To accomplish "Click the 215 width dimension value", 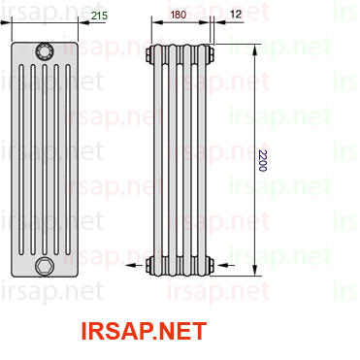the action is [100, 16].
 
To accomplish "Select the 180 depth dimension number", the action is [179, 15].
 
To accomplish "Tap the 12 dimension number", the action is [236, 14].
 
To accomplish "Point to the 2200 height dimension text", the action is [262, 160].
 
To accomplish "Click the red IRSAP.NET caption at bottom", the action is [144, 331].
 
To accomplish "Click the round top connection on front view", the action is [45, 51].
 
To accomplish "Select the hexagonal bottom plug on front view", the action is [45, 266].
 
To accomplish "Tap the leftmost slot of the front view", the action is [21, 160].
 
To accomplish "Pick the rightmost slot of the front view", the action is [68, 160].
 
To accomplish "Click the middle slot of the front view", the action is [45, 160].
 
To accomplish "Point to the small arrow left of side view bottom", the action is [134, 266].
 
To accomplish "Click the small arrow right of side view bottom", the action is [226, 266].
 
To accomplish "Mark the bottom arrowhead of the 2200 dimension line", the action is [255, 270].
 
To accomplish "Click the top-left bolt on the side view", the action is [148, 53].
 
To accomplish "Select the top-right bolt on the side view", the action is [211, 53].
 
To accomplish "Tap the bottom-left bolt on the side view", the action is [148, 266].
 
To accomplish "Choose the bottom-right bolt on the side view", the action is [211, 266].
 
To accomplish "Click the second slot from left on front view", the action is [33, 160].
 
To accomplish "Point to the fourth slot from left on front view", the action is [56, 160].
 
